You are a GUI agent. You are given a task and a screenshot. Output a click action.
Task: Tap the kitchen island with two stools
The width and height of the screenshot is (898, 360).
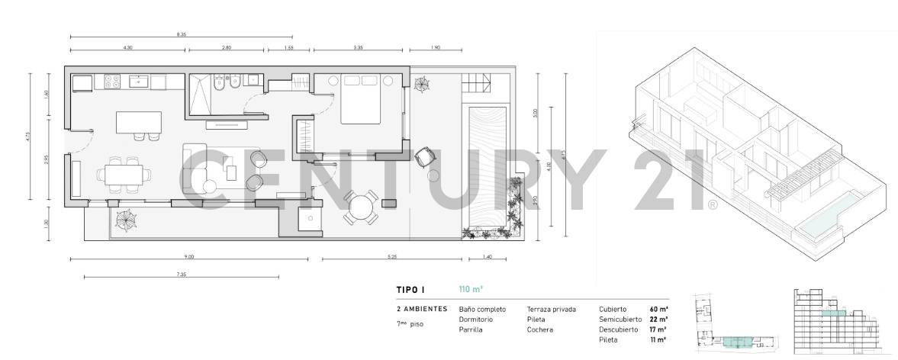[x=138, y=123]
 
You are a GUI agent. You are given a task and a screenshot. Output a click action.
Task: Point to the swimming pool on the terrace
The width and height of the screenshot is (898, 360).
[x=486, y=167]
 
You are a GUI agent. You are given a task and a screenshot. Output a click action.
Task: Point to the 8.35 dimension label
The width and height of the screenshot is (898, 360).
[x=181, y=34]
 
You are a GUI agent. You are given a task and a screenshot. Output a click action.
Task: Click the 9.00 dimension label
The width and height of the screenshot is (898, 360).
[x=189, y=257]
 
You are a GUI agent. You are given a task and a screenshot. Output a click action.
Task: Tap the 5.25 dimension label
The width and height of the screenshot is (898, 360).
[x=392, y=257]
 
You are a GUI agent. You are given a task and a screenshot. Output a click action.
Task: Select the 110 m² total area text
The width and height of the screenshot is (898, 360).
[x=471, y=289]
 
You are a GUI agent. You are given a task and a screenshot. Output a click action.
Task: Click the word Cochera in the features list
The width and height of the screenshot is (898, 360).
[x=539, y=329]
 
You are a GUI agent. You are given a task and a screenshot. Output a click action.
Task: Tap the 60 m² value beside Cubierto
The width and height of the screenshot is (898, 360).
[x=658, y=309]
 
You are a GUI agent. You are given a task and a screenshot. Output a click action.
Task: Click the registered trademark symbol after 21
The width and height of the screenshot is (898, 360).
[x=713, y=204]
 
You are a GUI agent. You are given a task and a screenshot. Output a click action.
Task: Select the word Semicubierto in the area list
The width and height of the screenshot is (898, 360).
[x=619, y=319]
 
